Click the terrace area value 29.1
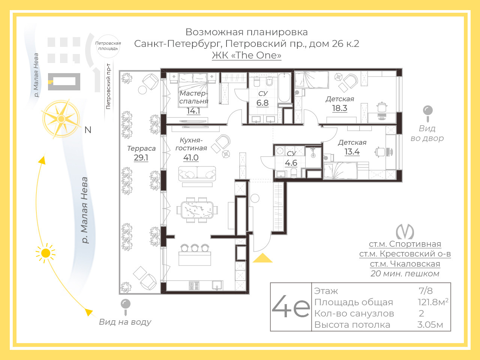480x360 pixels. pos(141,157)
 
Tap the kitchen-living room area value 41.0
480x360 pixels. pos(191,157)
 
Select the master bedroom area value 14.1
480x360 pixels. pos(193,111)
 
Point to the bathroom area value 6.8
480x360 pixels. pos(262,103)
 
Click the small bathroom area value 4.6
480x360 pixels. pos(291,163)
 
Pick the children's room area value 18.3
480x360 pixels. pos(340,108)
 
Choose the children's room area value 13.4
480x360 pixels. pos(352,152)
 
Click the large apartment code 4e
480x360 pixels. pos(291,307)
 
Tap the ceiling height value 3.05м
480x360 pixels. pos(430,325)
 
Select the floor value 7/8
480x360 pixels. pos(426,291)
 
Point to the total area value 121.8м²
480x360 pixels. pos(433,302)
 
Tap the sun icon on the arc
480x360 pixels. pos(46,253)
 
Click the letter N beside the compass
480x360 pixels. pos(88,130)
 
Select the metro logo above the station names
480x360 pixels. pos(405,232)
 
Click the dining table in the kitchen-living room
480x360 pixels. pos(197,210)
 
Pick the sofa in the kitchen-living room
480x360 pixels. pos(197,174)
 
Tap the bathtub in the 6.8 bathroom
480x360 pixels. pos(284,88)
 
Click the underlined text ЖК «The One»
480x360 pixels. pos(247,55)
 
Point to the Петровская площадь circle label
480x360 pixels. pos(108,46)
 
